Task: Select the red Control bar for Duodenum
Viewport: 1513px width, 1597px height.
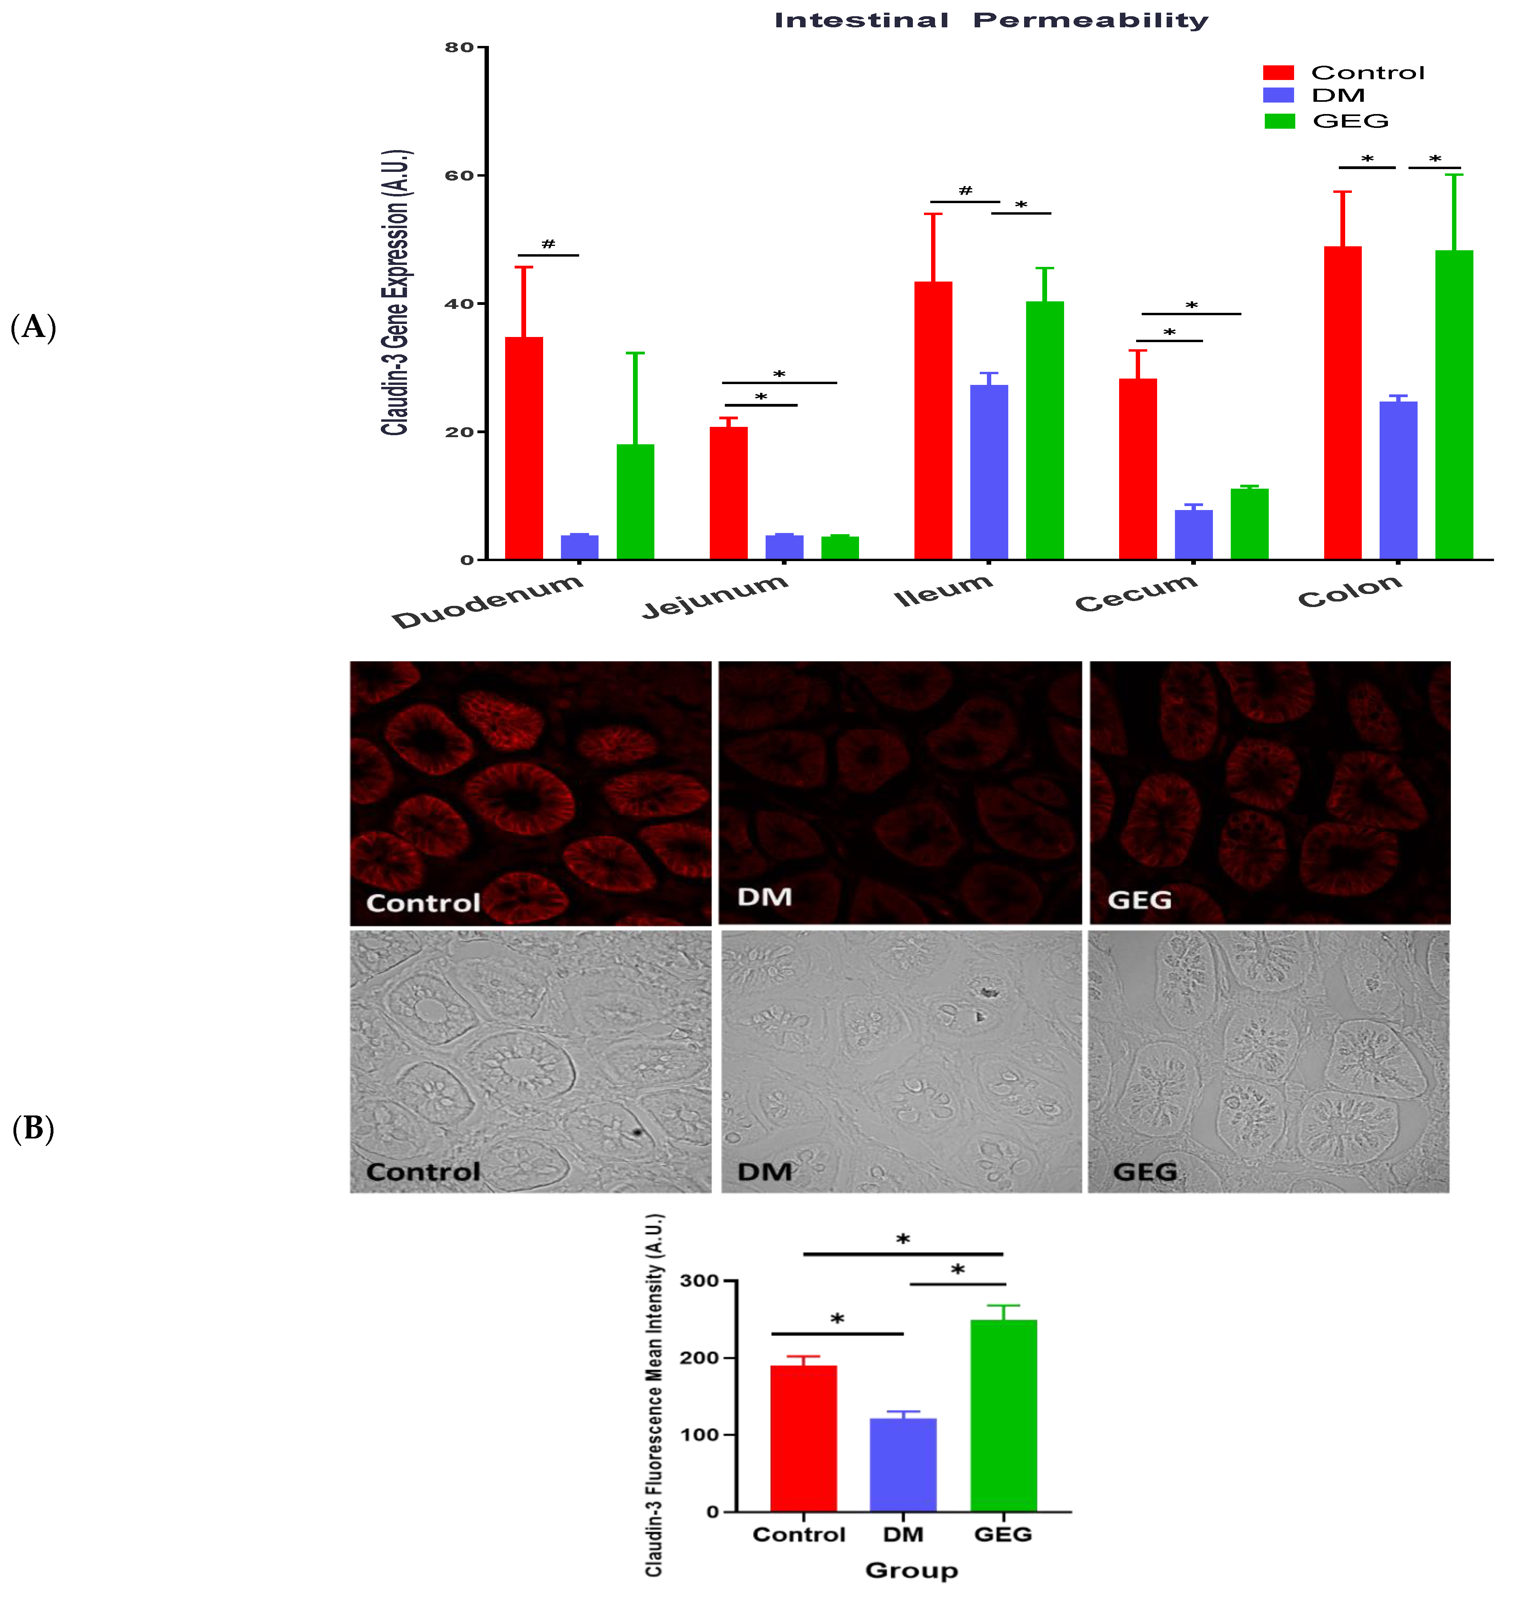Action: [523, 447]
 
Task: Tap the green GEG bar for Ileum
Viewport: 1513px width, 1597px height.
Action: [1044, 430]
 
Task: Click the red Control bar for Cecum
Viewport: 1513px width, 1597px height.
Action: [1137, 468]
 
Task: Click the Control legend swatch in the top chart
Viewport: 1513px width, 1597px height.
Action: [1278, 72]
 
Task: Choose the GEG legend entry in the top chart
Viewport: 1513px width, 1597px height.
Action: [1350, 121]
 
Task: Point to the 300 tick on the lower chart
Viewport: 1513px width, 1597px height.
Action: [699, 1281]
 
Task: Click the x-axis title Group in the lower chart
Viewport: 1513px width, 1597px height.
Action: [911, 1570]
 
